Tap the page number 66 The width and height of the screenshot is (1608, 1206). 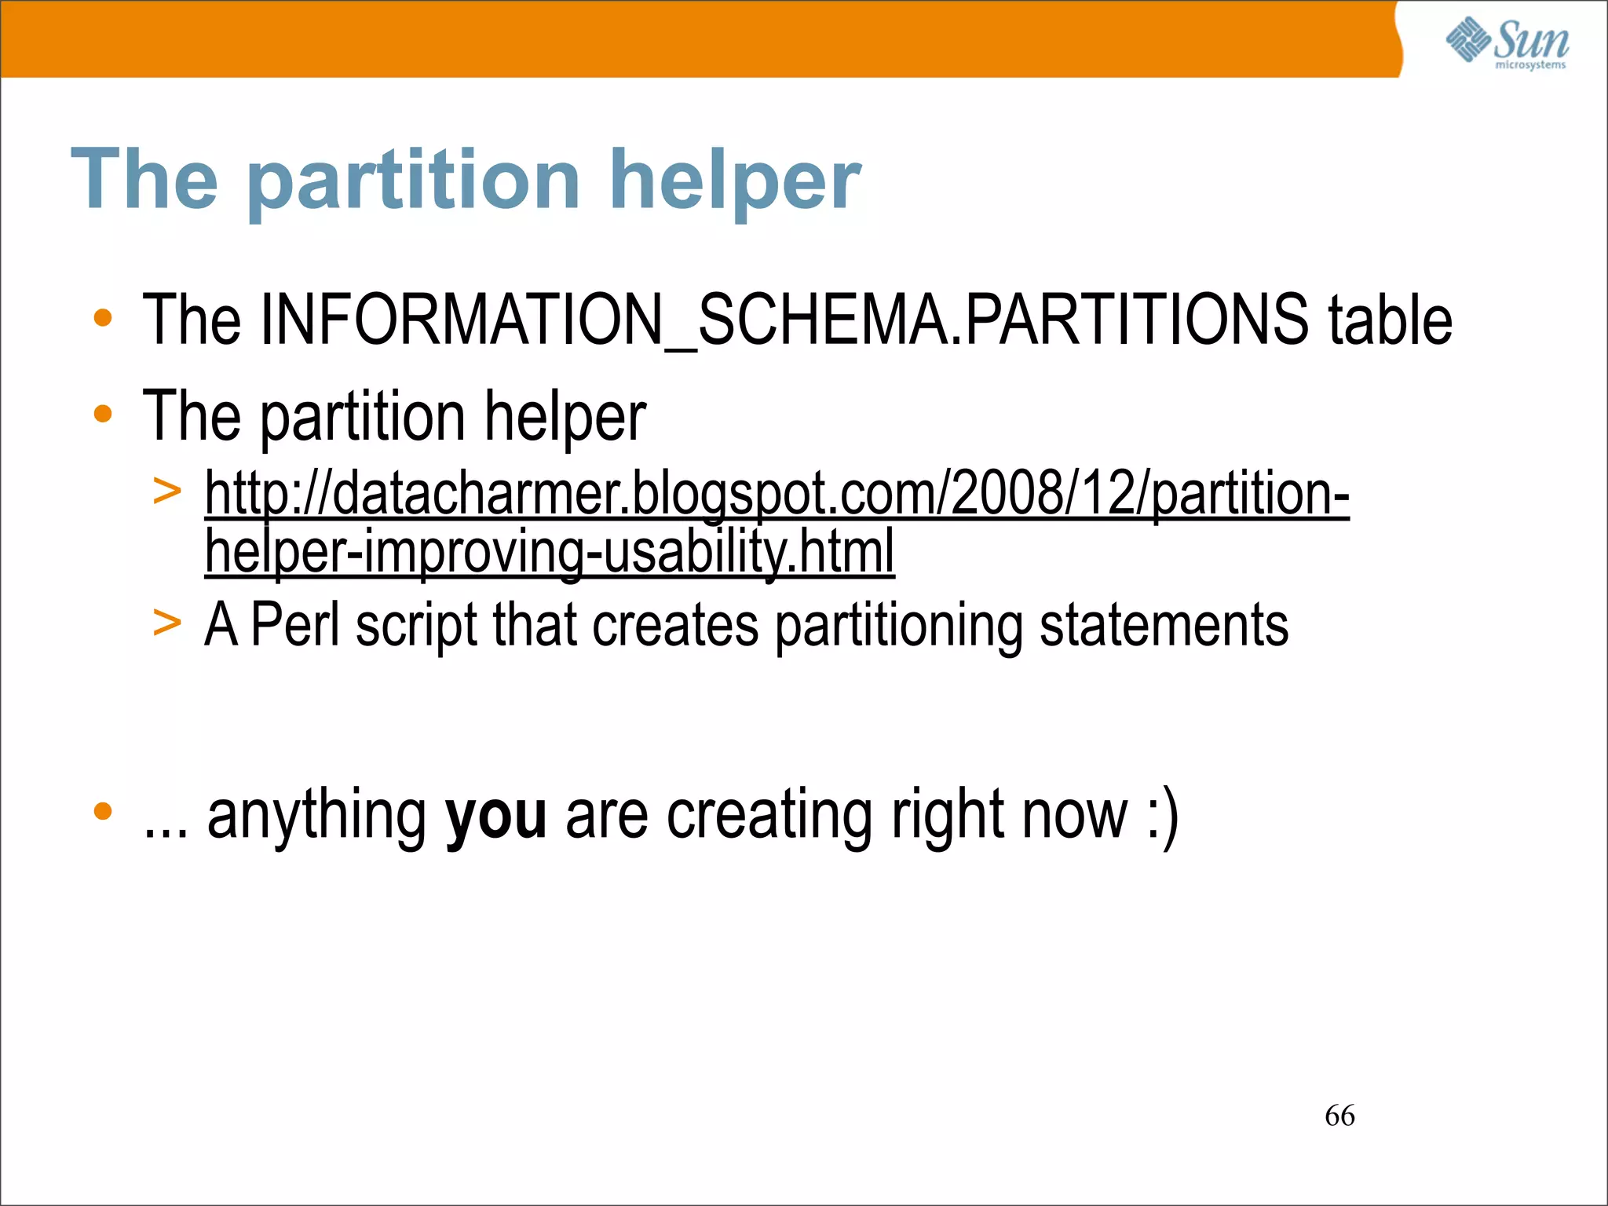pos(1339,1116)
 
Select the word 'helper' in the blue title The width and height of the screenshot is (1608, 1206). pos(735,181)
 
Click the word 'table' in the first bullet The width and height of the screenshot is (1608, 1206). pos(1390,320)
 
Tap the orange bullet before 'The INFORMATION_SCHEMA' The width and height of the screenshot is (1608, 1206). pos(103,319)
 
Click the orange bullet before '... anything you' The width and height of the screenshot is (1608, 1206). pos(103,811)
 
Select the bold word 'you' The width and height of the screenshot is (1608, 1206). pos(495,817)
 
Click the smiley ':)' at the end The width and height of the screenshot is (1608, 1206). pos(1163,817)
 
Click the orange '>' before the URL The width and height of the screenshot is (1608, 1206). pos(167,492)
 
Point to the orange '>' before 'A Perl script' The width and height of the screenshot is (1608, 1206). pos(167,623)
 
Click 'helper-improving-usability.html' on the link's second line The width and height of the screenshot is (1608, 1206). pos(550,551)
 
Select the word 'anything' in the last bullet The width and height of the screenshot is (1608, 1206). pos(317,817)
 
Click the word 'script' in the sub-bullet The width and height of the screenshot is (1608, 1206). pos(416,627)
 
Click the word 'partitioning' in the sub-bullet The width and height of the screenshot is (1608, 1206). pos(899,627)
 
